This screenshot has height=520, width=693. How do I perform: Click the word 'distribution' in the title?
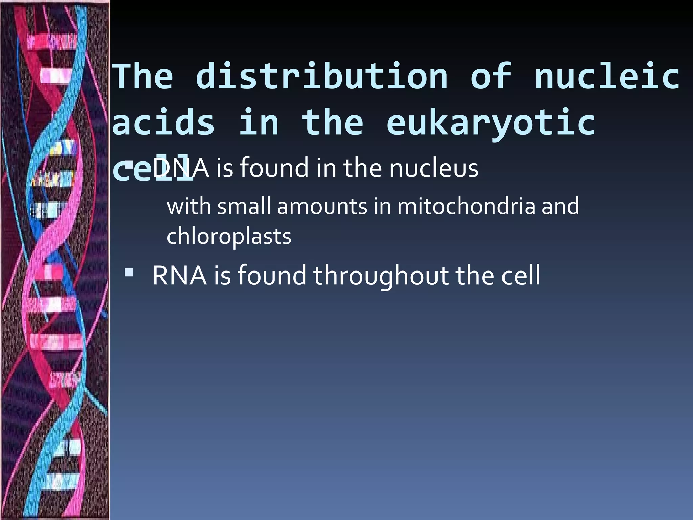pyautogui.click(x=322, y=77)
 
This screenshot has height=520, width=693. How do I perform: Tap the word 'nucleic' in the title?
pyautogui.click(x=607, y=77)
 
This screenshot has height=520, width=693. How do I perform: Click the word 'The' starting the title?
pyautogui.click(x=142, y=77)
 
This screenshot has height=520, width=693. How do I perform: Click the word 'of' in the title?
pyautogui.click(x=491, y=77)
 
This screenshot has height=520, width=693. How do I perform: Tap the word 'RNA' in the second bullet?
pyautogui.click(x=179, y=275)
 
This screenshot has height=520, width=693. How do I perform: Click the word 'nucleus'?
pyautogui.click(x=434, y=168)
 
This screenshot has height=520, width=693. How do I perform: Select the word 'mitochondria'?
pyautogui.click(x=466, y=206)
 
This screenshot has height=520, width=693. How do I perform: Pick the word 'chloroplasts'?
pyautogui.click(x=229, y=237)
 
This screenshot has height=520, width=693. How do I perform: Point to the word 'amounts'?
pyautogui.click(x=322, y=207)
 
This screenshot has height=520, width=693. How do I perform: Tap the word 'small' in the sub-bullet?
pyautogui.click(x=244, y=206)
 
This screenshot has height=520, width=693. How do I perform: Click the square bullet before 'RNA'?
pyautogui.click(x=129, y=273)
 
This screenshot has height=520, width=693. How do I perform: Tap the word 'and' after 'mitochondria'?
pyautogui.click(x=560, y=206)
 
